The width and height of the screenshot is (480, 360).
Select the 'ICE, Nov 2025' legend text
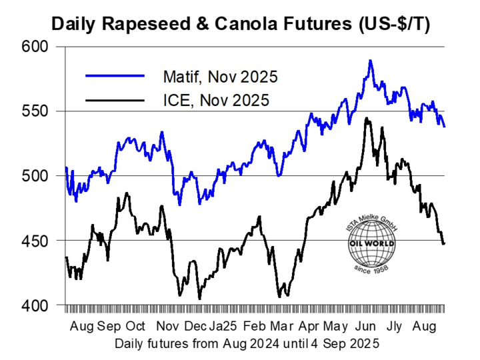tap(215, 101)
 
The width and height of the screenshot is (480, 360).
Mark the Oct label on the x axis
tap(135, 327)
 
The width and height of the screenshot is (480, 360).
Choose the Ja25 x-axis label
tap(223, 327)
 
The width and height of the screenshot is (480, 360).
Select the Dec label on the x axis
tap(195, 327)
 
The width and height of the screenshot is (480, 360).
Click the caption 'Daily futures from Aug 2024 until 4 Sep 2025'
tap(247, 344)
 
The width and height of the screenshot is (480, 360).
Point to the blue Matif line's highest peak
tap(370, 61)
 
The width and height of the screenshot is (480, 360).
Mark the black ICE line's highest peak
tap(366, 119)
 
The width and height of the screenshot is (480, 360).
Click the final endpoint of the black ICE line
tap(444, 243)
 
